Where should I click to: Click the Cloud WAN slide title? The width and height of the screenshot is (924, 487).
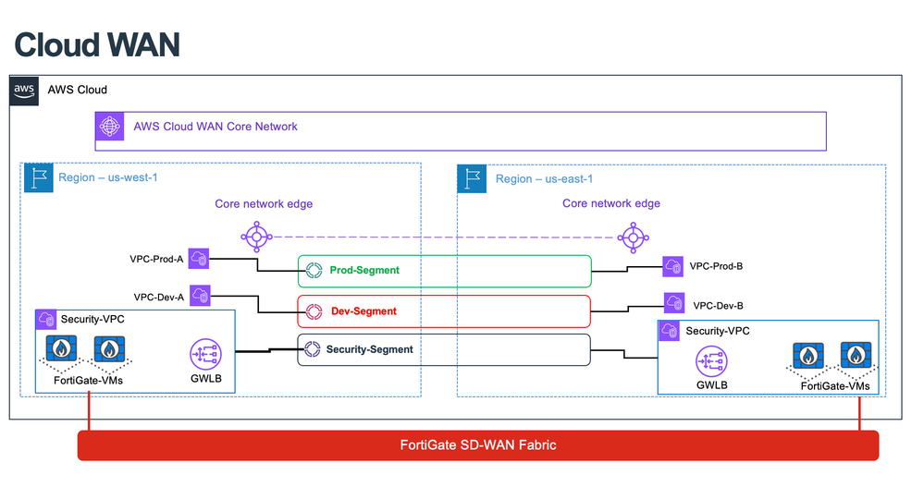point(96,43)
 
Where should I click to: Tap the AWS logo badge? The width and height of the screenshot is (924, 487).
point(24,90)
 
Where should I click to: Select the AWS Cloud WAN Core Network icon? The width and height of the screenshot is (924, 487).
point(110,127)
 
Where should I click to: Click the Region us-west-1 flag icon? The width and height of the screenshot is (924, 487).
point(38,178)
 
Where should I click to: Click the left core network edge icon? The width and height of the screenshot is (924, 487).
point(256,237)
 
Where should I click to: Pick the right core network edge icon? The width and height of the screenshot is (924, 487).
point(633,237)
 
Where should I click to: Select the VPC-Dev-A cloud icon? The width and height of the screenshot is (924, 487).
point(200,297)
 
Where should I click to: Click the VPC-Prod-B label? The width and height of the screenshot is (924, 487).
point(718,266)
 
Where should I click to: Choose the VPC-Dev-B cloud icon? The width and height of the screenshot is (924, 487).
point(675,303)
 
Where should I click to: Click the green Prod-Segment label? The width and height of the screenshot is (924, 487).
point(364,271)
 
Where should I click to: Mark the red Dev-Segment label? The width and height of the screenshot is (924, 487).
point(363,311)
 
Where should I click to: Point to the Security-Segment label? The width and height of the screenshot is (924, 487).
point(369,349)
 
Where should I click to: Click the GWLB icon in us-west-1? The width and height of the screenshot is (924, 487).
point(205,354)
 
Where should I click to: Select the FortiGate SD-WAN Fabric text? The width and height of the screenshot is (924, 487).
point(477,445)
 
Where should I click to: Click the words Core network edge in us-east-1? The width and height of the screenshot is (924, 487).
point(611,203)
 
